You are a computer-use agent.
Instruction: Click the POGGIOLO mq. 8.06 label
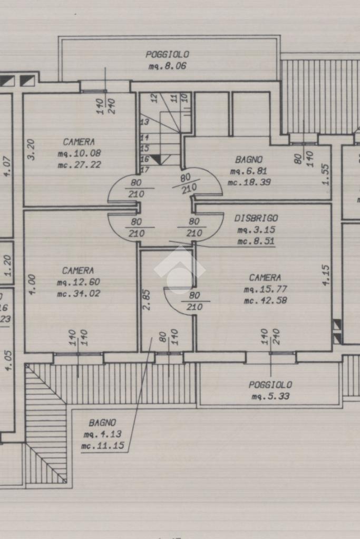[x=168, y=60]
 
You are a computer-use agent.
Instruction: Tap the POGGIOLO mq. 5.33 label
[x=270, y=390]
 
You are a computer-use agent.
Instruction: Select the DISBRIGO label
[x=256, y=218]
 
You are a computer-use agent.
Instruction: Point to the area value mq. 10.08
[x=79, y=153]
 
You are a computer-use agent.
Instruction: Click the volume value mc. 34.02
[x=79, y=293]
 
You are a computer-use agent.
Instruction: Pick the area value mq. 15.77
[x=265, y=289]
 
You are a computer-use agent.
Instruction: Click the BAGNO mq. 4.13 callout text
[x=102, y=434]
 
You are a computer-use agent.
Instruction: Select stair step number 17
[x=145, y=170]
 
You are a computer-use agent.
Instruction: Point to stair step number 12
[x=154, y=98]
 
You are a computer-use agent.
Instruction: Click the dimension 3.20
[x=31, y=149]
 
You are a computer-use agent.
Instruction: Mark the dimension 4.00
[x=32, y=285]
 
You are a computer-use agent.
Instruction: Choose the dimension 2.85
[x=147, y=300]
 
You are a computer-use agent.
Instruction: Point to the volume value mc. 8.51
[x=256, y=241]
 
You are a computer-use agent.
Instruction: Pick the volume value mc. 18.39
[x=249, y=182]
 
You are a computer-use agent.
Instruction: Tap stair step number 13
[x=144, y=122]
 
